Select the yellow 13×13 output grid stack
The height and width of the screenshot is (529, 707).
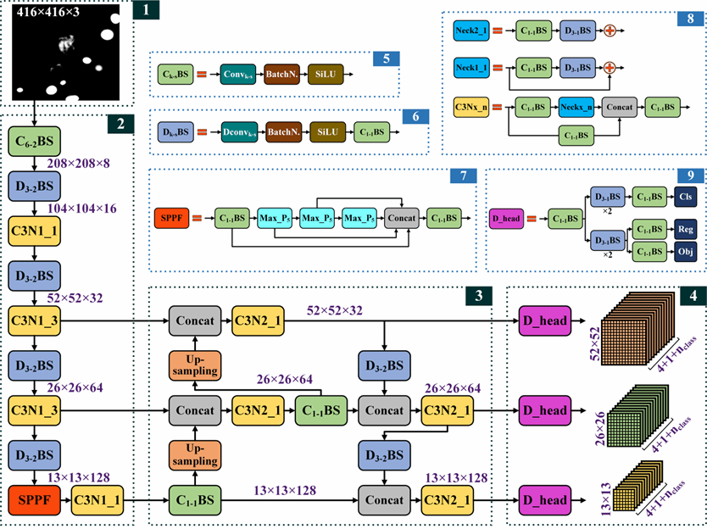point(636,487)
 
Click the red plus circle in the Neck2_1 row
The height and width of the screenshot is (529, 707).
point(609,30)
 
